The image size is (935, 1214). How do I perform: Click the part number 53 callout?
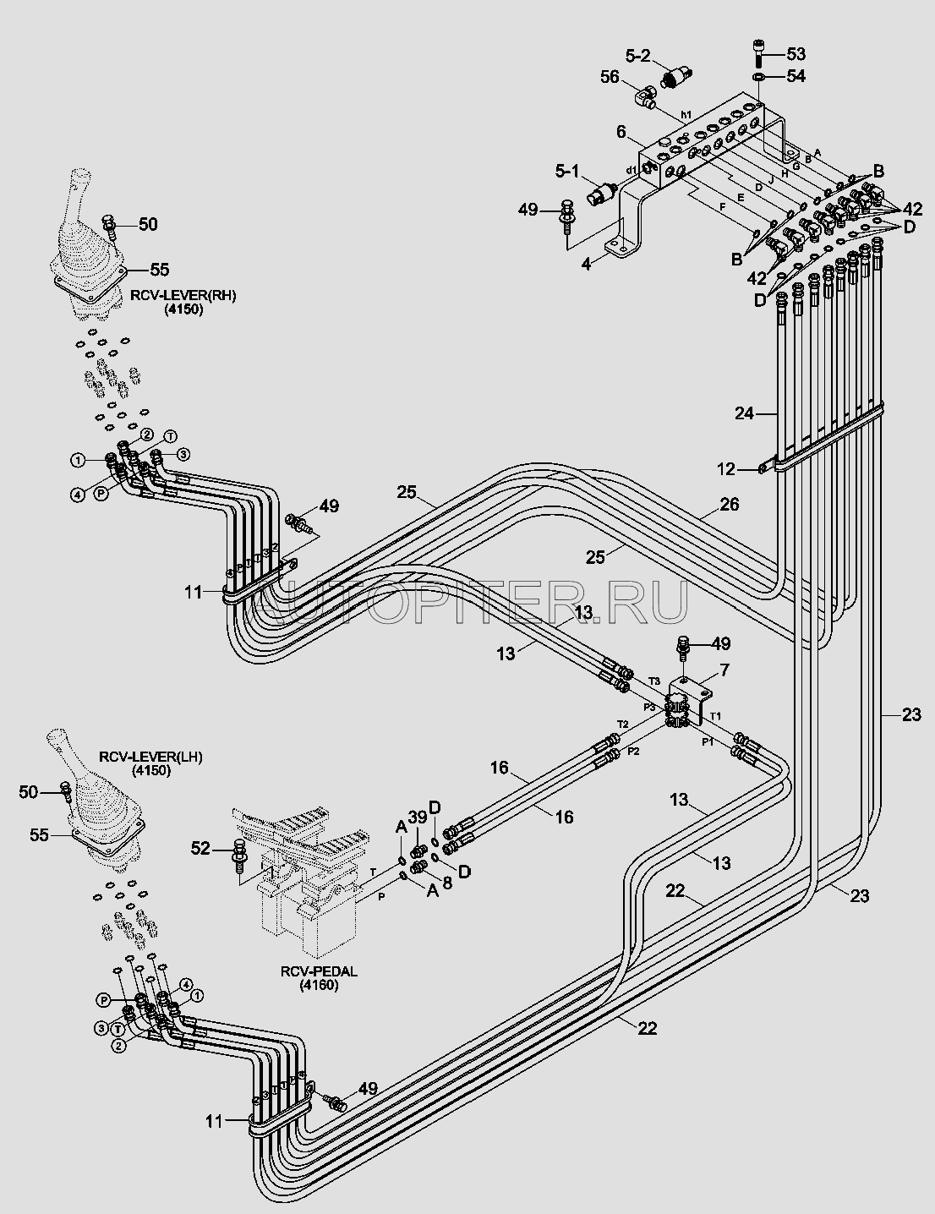(x=796, y=54)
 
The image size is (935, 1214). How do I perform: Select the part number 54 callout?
(x=796, y=76)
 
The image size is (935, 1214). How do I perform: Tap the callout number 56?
(x=610, y=76)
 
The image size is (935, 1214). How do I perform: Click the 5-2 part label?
(x=638, y=57)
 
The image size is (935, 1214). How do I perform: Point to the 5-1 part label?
(x=567, y=172)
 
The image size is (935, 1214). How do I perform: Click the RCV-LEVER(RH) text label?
(x=182, y=296)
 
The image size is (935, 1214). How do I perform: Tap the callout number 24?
(x=743, y=413)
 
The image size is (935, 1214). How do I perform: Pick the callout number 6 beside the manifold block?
(x=621, y=132)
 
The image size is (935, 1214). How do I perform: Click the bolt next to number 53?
(x=757, y=52)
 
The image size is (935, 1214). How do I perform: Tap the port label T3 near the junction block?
(x=653, y=681)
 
